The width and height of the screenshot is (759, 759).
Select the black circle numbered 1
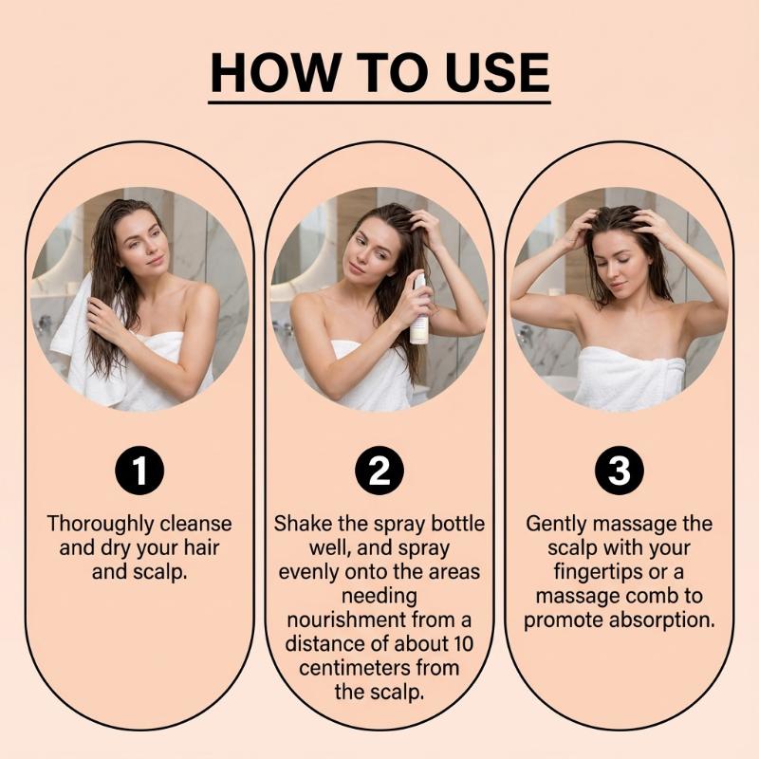click(139, 471)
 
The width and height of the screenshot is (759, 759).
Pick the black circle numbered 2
click(379, 471)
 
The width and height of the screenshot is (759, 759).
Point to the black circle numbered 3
click(620, 471)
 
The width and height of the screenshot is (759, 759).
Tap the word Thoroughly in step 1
click(101, 525)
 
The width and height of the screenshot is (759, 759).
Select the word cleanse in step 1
click(195, 524)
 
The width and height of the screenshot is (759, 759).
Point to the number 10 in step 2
click(463, 644)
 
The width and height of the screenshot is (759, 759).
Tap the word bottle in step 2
click(457, 524)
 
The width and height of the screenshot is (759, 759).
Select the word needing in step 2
click(379, 597)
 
